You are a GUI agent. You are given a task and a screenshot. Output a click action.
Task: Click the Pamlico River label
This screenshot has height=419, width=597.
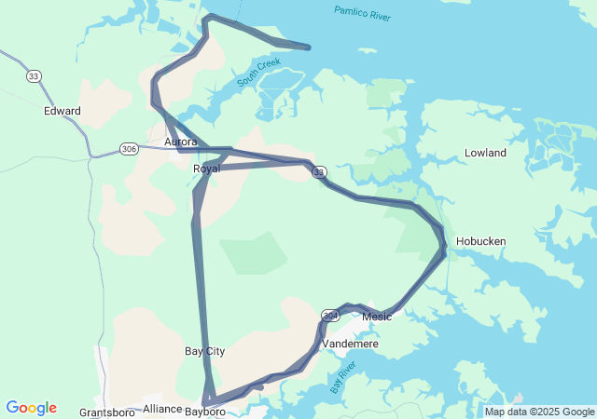pos(364,14)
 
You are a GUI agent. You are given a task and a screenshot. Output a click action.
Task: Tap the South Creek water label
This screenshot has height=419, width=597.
pos(258,73)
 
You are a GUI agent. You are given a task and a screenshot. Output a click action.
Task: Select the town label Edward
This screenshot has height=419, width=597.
pos(62,111)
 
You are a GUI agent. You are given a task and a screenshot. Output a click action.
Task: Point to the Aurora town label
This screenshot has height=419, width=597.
pos(180,142)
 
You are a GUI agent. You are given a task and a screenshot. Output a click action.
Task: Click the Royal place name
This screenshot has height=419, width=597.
pos(206,169)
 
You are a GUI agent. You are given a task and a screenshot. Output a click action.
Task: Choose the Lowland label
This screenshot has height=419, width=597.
pos(485,153)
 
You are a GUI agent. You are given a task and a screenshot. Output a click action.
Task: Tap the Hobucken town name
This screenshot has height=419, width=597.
pos(480,241)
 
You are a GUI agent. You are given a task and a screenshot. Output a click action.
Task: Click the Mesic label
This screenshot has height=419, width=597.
pos(376,317)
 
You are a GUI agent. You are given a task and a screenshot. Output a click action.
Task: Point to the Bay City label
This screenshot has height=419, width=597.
pos(204,351)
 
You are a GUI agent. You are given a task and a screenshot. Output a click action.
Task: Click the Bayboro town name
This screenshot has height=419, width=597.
pos(205,411)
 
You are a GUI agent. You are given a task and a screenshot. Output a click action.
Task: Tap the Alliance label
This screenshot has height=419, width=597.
pos(162,409)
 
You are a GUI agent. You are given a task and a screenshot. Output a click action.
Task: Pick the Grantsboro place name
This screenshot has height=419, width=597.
pos(108,412)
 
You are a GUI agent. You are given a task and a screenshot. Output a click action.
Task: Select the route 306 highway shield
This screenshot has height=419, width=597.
pos(129,148)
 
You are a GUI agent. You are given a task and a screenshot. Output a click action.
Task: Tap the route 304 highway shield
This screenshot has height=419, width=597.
pos(330,317)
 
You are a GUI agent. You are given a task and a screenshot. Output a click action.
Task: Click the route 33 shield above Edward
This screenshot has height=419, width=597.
pos(35,75)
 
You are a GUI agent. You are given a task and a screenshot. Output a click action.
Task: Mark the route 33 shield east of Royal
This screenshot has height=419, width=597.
pos(319,172)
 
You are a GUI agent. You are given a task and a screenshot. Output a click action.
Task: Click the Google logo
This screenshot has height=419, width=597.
pos(31,408)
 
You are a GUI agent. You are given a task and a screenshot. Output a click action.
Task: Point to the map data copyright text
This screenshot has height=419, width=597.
pos(539,412)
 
